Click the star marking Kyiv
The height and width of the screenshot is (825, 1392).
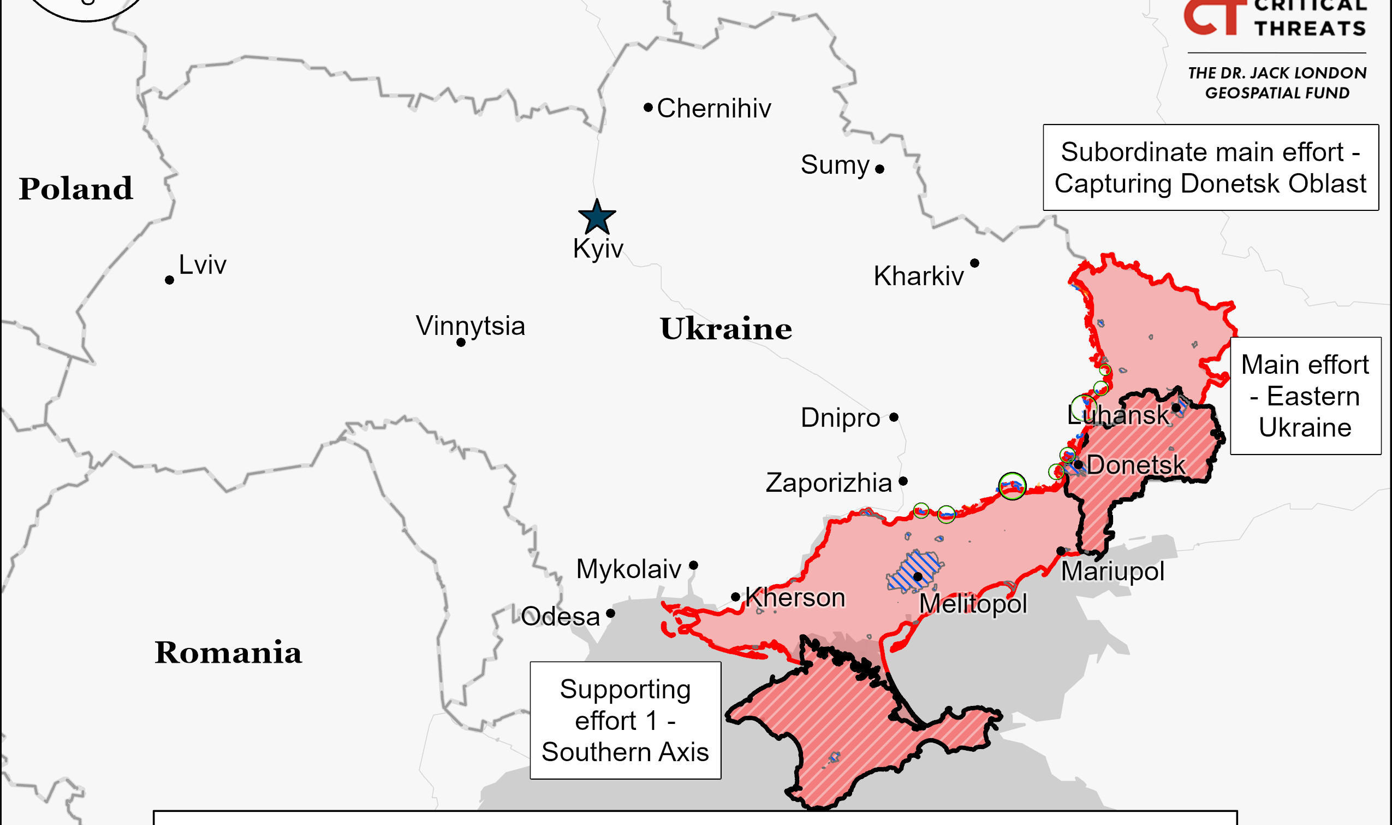(x=597, y=217)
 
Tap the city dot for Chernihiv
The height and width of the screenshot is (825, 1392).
(x=648, y=107)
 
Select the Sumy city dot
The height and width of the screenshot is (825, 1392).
(x=880, y=169)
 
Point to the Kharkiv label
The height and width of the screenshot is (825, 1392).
(x=918, y=276)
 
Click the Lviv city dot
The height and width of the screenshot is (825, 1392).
(x=169, y=280)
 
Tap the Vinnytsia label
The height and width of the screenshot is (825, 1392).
(x=470, y=326)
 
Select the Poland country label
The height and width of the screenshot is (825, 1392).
(x=75, y=189)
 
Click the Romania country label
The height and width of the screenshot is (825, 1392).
(x=228, y=653)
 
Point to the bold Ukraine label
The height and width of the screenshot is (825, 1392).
(x=725, y=329)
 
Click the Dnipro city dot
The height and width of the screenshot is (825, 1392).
(x=894, y=417)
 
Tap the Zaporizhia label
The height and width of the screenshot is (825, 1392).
(x=828, y=482)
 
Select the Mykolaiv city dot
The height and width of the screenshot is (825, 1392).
(x=693, y=566)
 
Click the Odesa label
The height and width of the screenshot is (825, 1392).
(x=560, y=616)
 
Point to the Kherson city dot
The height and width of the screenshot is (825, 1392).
(x=735, y=597)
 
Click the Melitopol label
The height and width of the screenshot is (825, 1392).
(x=973, y=604)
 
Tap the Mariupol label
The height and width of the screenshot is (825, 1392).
(x=1112, y=571)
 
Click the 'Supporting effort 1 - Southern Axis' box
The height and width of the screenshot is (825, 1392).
(x=626, y=721)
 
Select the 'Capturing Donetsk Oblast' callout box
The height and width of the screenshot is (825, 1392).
(x=1210, y=167)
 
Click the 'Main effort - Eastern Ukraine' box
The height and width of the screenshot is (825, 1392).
(x=1305, y=396)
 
